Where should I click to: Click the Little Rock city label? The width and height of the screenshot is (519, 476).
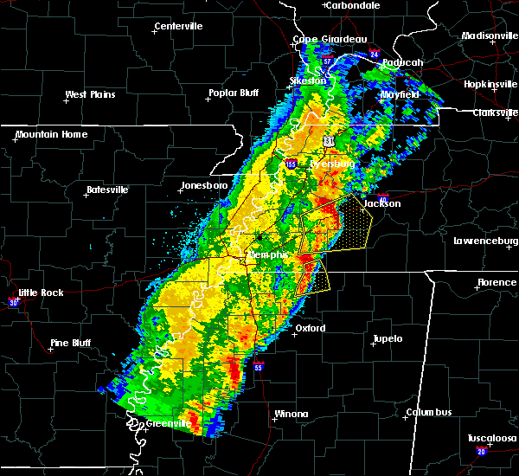pyautogui.click(x=40, y=293)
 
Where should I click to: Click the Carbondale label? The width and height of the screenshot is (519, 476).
pyautogui.click(x=355, y=5)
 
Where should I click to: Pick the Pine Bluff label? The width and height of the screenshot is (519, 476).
pyautogui.click(x=72, y=343)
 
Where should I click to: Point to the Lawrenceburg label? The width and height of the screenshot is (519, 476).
pyautogui.click(x=485, y=241)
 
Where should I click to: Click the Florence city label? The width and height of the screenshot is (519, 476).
pyautogui.click(x=497, y=283)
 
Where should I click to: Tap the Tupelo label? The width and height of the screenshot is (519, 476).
pyautogui.click(x=388, y=338)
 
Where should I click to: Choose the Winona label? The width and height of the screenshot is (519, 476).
pyautogui.click(x=291, y=414)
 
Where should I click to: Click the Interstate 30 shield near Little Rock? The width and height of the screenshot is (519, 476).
pyautogui.click(x=13, y=302)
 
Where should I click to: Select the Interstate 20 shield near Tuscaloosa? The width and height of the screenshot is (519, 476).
pyautogui.click(x=481, y=452)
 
